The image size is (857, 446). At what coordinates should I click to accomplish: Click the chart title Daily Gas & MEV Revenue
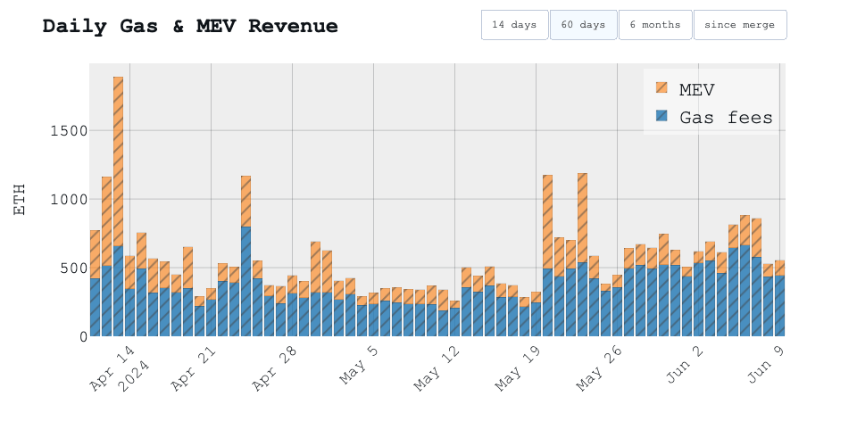click(190, 26)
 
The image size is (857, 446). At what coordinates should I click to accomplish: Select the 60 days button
click(583, 25)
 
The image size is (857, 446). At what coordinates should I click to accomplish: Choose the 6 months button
click(655, 25)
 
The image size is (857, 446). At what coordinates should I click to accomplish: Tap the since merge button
click(739, 25)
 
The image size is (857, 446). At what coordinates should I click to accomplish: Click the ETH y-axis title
click(21, 199)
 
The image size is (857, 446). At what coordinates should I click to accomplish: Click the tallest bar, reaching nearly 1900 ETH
click(118, 205)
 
